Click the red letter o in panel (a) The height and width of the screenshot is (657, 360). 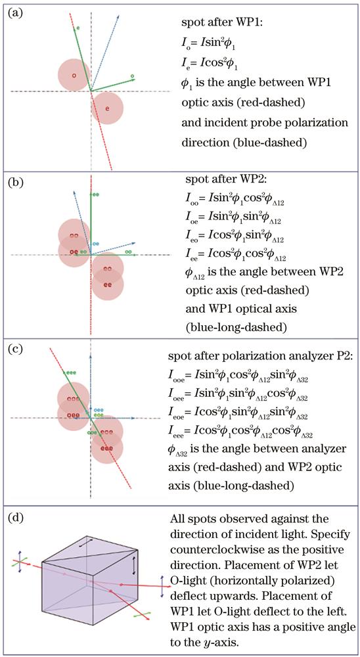[x=74, y=76]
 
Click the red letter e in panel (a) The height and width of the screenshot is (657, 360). [x=107, y=108]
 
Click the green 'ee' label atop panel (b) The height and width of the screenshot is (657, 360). [x=95, y=194]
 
